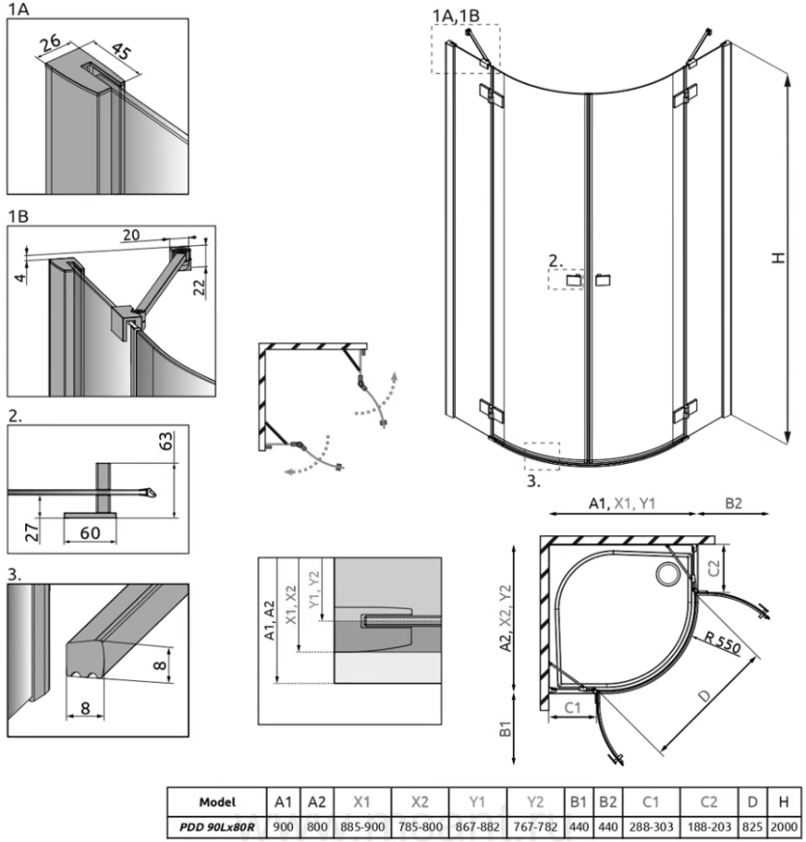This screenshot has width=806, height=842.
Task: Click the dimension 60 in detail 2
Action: click(89, 533)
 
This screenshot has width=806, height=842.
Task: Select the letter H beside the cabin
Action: click(778, 258)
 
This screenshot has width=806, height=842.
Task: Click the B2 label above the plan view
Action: click(733, 503)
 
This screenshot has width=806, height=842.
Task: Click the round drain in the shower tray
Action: click(670, 573)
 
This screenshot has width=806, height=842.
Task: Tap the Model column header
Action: click(217, 803)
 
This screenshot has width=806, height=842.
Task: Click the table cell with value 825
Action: click(752, 828)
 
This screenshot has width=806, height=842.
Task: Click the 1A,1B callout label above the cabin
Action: click(457, 15)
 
